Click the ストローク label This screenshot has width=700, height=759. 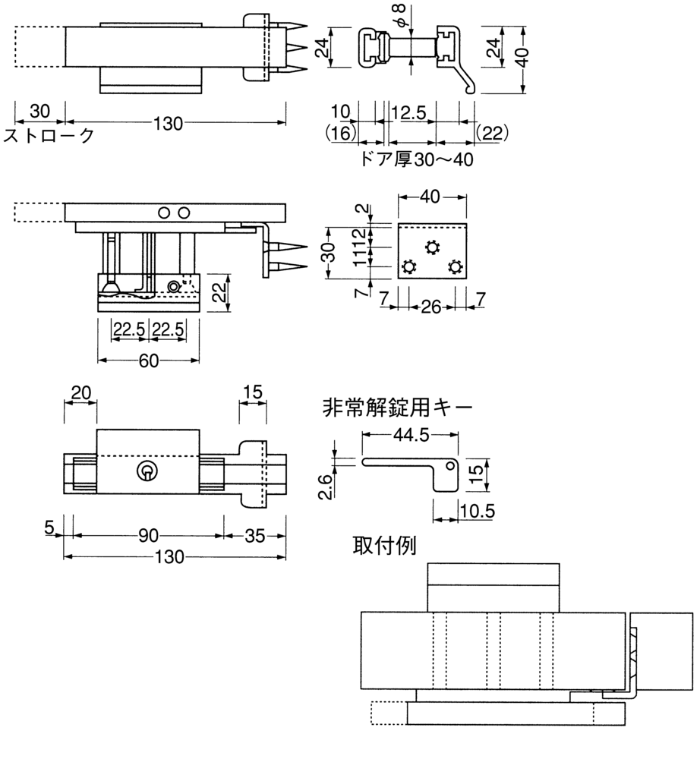click(49, 136)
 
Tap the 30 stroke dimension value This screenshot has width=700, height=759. click(39, 112)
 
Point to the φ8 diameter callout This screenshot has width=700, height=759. click(399, 15)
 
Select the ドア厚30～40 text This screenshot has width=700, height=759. click(417, 159)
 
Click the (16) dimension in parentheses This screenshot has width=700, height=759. click(342, 133)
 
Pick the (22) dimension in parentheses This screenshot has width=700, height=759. click(492, 133)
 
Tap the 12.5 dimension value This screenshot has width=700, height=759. click(409, 112)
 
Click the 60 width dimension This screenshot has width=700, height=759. click(149, 361)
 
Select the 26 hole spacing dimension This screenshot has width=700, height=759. click(431, 307)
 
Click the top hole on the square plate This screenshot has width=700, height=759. click(432, 247)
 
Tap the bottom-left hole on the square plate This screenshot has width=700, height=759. click(409, 267)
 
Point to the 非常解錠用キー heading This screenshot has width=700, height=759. click(397, 408)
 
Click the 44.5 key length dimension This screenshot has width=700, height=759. click(411, 435)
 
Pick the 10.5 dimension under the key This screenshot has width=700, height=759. click(478, 511)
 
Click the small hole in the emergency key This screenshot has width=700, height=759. click(451, 466)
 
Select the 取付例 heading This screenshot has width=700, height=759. click(384, 546)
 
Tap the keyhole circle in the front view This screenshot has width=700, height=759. click(147, 471)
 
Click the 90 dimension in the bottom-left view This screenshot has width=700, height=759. click(149, 535)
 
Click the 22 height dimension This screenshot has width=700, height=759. click(220, 292)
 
